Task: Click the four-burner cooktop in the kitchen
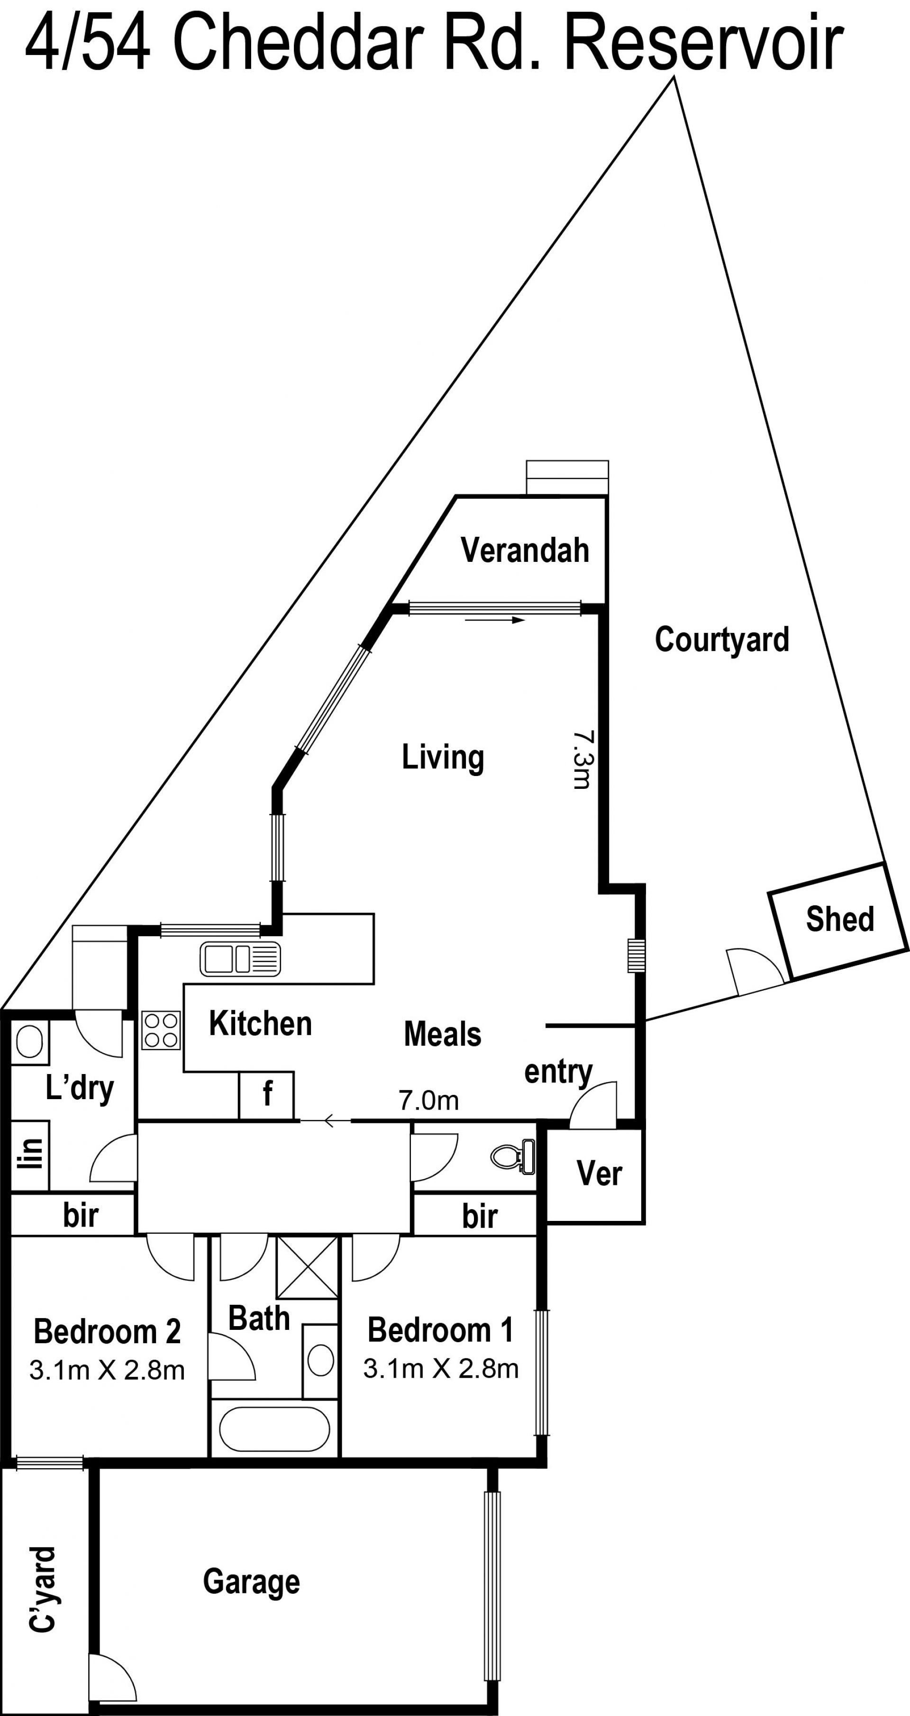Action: click(161, 1030)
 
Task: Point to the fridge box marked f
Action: click(266, 1095)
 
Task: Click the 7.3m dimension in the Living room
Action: click(582, 759)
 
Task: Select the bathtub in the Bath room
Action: click(274, 1429)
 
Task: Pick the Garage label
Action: click(251, 1582)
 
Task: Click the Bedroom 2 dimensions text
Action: click(107, 1370)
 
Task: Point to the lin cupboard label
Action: click(30, 1153)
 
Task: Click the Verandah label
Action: click(525, 550)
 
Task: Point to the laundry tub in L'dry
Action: click(29, 1040)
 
